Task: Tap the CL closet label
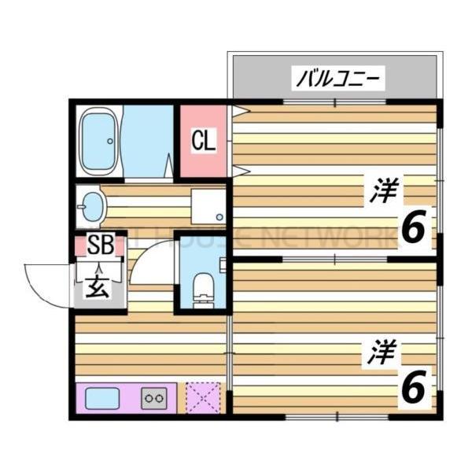203,142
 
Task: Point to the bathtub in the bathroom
99,142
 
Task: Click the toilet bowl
203,286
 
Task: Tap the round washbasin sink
93,207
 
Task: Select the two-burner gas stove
154,398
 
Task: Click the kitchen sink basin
101,398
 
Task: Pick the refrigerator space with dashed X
204,397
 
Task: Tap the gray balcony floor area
260,79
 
